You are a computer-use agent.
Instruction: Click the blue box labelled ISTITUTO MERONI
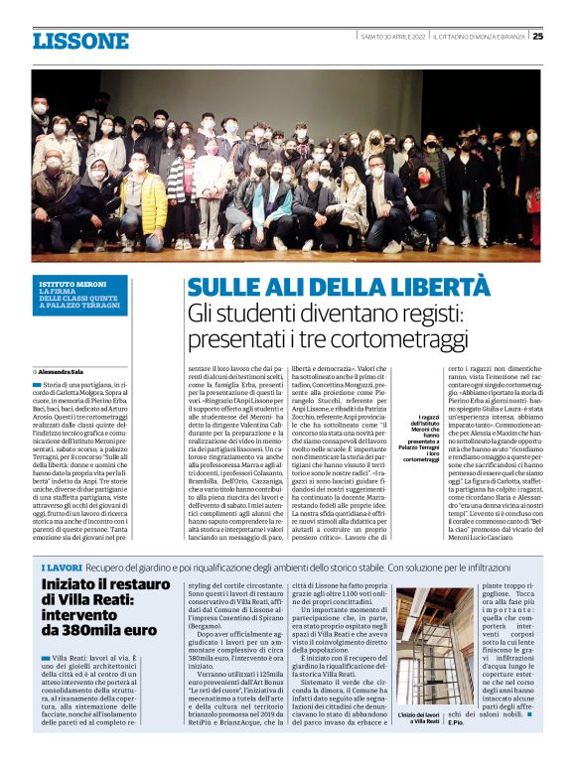[79, 296]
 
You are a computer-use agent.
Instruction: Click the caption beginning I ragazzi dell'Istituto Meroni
[415, 439]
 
